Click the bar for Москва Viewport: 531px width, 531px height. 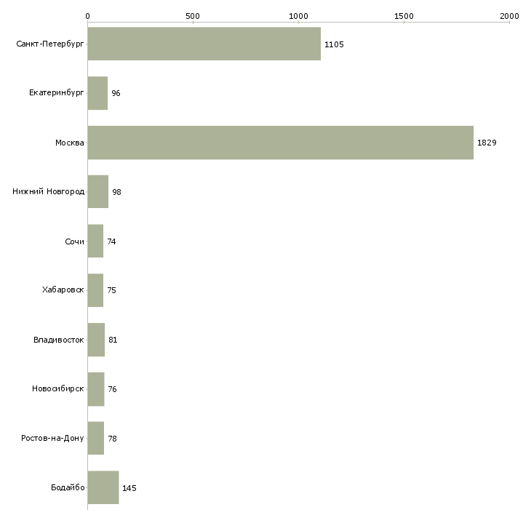[x=280, y=143]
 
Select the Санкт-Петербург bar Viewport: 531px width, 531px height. [x=204, y=44]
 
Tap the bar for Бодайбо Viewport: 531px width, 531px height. [x=103, y=487]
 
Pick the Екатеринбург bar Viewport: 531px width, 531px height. [x=97, y=93]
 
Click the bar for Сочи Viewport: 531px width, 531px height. [x=95, y=241]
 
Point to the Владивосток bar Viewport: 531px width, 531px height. [x=96, y=340]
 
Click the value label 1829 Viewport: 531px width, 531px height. [x=487, y=143]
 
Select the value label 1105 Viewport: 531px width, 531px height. [x=334, y=44]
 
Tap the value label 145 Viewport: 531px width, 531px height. [x=129, y=488]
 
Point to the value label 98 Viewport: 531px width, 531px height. [x=116, y=192]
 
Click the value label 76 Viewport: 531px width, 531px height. [x=112, y=389]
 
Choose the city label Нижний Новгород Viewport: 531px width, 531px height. [x=48, y=191]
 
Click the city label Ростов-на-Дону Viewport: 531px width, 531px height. [x=52, y=438]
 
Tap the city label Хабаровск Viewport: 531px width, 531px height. [x=63, y=290]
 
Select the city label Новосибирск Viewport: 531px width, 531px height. [x=58, y=389]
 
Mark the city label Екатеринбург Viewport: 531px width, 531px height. [x=56, y=93]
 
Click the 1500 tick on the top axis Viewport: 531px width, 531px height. [x=404, y=15]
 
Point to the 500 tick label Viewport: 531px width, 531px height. [x=193, y=15]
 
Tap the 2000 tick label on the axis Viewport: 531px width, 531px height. [x=509, y=15]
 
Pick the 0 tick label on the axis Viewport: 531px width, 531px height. [x=87, y=15]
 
